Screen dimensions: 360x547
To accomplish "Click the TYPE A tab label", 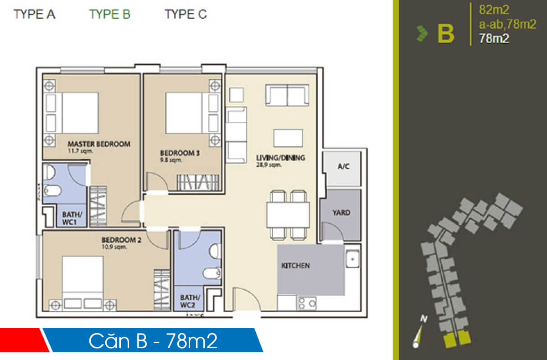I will (x=35, y=15).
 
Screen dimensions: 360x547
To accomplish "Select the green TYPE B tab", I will (x=110, y=15).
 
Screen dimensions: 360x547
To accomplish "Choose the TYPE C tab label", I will (x=186, y=15).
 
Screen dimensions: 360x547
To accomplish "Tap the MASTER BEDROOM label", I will (x=99, y=144).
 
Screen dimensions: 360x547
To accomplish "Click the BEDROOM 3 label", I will (x=180, y=153).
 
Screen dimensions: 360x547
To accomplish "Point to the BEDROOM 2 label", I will (x=119, y=240).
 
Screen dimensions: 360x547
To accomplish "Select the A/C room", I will (x=343, y=167).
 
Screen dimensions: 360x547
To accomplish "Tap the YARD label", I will (x=341, y=213).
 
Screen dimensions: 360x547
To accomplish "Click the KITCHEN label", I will (x=295, y=266).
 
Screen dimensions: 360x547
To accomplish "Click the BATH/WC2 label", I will (x=188, y=302).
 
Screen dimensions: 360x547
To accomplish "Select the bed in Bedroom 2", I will (x=83, y=278).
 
